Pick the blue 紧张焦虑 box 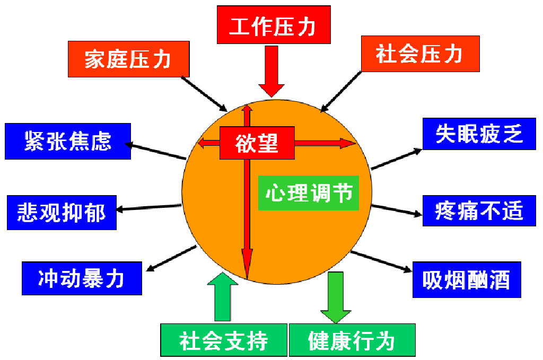coord(68,141)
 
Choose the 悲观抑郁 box coord(62,213)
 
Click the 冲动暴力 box coord(82,278)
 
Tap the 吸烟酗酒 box coord(467,279)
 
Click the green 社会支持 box coord(224,340)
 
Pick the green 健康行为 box coord(352,340)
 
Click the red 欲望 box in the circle coord(257,143)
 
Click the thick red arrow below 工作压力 coord(271,72)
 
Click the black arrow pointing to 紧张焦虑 coord(156,151)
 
